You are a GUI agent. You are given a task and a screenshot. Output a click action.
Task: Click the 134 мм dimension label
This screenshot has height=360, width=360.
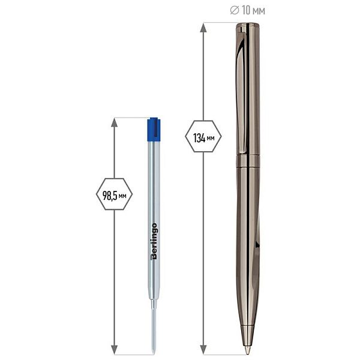[x=203, y=138]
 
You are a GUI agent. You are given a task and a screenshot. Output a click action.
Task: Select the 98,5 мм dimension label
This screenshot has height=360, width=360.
[x=115, y=196]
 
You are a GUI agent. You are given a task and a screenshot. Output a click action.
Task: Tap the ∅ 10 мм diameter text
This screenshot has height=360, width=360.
[x=247, y=11]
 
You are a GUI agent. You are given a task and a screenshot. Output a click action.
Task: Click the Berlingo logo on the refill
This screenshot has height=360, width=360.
[x=154, y=241]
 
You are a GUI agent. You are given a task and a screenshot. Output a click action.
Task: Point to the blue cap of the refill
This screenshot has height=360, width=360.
[x=154, y=130]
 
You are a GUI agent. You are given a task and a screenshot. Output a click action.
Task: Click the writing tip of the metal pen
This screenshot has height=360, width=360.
[x=247, y=350]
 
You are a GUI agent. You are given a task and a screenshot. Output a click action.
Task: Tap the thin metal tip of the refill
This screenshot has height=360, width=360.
[x=154, y=328]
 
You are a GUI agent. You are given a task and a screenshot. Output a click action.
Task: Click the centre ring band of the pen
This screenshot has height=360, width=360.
[x=248, y=160]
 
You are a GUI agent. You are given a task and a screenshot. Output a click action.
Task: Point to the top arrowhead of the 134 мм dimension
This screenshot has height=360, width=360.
[x=203, y=28]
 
